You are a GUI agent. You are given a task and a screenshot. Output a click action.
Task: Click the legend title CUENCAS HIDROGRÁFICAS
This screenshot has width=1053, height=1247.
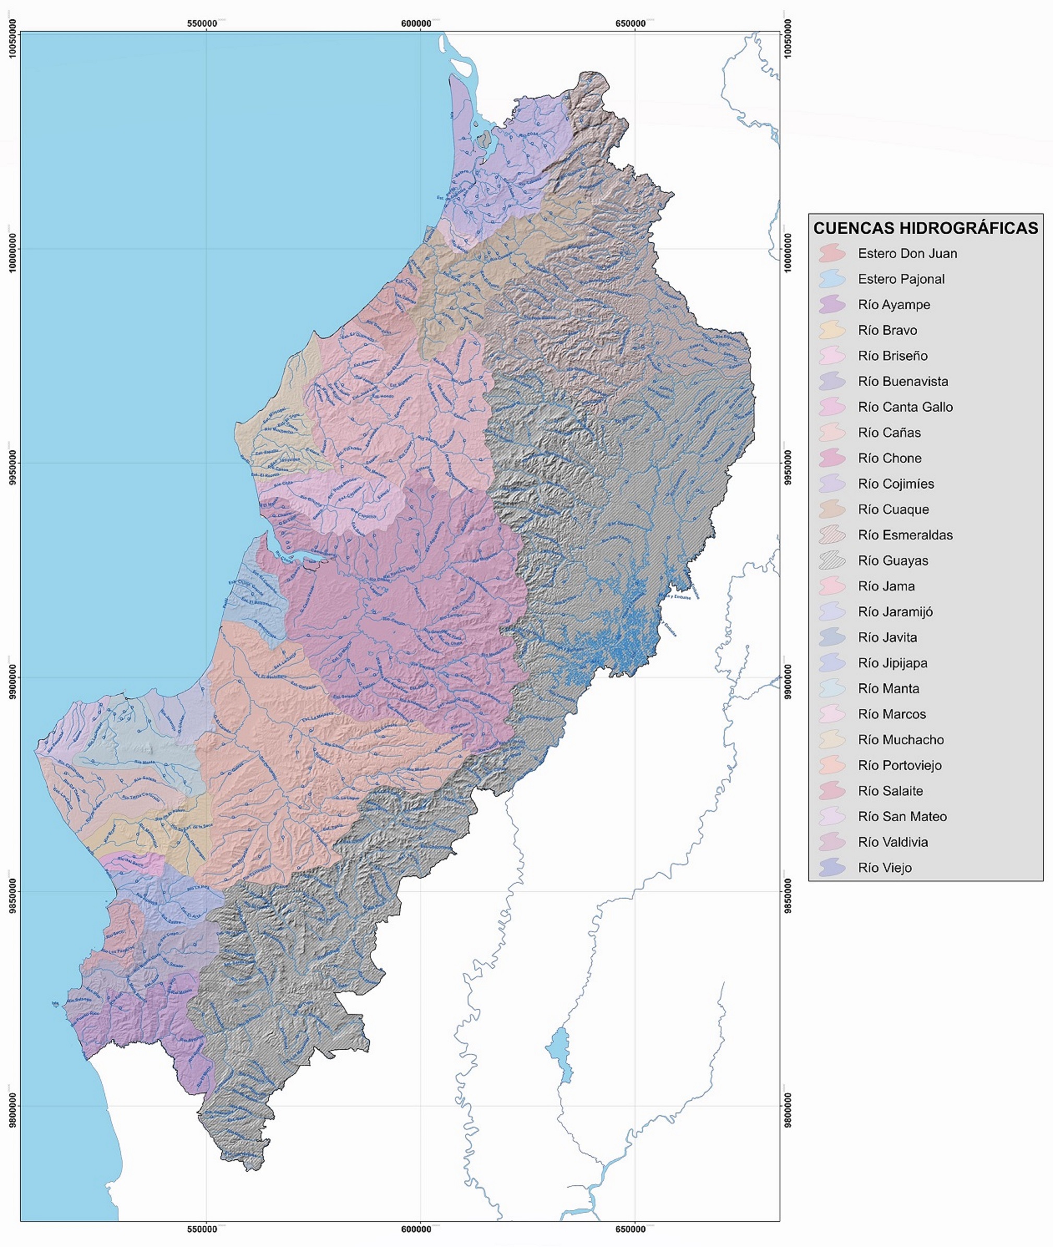(x=925, y=228)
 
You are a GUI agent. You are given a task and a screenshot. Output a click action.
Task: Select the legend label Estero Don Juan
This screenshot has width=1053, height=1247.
(x=907, y=253)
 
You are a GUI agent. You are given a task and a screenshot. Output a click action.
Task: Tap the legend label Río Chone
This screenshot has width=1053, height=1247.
(x=890, y=458)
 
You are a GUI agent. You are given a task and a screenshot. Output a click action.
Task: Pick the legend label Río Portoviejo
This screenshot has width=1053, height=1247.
(x=900, y=765)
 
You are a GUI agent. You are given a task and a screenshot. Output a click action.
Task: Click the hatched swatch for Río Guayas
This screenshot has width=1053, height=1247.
(x=832, y=560)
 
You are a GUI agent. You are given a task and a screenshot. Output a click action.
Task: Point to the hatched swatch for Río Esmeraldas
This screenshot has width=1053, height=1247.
(x=832, y=535)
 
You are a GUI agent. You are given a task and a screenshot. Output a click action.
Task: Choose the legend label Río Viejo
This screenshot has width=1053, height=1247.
(x=884, y=868)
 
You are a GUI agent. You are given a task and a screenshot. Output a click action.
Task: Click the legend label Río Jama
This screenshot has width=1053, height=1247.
(x=886, y=586)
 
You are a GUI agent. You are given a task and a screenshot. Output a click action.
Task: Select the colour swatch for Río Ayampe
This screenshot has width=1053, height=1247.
(x=832, y=305)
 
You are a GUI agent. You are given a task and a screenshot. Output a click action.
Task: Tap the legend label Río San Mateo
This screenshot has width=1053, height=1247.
(x=902, y=816)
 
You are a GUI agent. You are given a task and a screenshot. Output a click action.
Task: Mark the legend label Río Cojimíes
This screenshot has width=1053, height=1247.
(x=896, y=484)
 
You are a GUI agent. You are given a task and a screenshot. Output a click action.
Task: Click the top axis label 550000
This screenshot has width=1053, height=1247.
(x=202, y=23)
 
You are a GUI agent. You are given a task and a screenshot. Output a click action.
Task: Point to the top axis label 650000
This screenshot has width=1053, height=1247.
(x=630, y=23)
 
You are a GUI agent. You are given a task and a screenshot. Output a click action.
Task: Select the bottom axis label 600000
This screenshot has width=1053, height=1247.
(x=416, y=1229)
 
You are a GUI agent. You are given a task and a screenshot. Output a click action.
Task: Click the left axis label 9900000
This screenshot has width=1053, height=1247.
(x=11, y=676)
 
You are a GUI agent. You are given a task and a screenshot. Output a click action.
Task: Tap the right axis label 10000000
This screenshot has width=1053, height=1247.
(x=789, y=250)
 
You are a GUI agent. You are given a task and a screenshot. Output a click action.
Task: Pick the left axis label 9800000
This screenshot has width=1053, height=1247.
(x=11, y=1106)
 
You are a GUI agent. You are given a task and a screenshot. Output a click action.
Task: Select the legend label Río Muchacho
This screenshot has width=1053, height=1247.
(x=901, y=739)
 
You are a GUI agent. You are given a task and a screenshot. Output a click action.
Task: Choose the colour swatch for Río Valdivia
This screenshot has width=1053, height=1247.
(x=832, y=842)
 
